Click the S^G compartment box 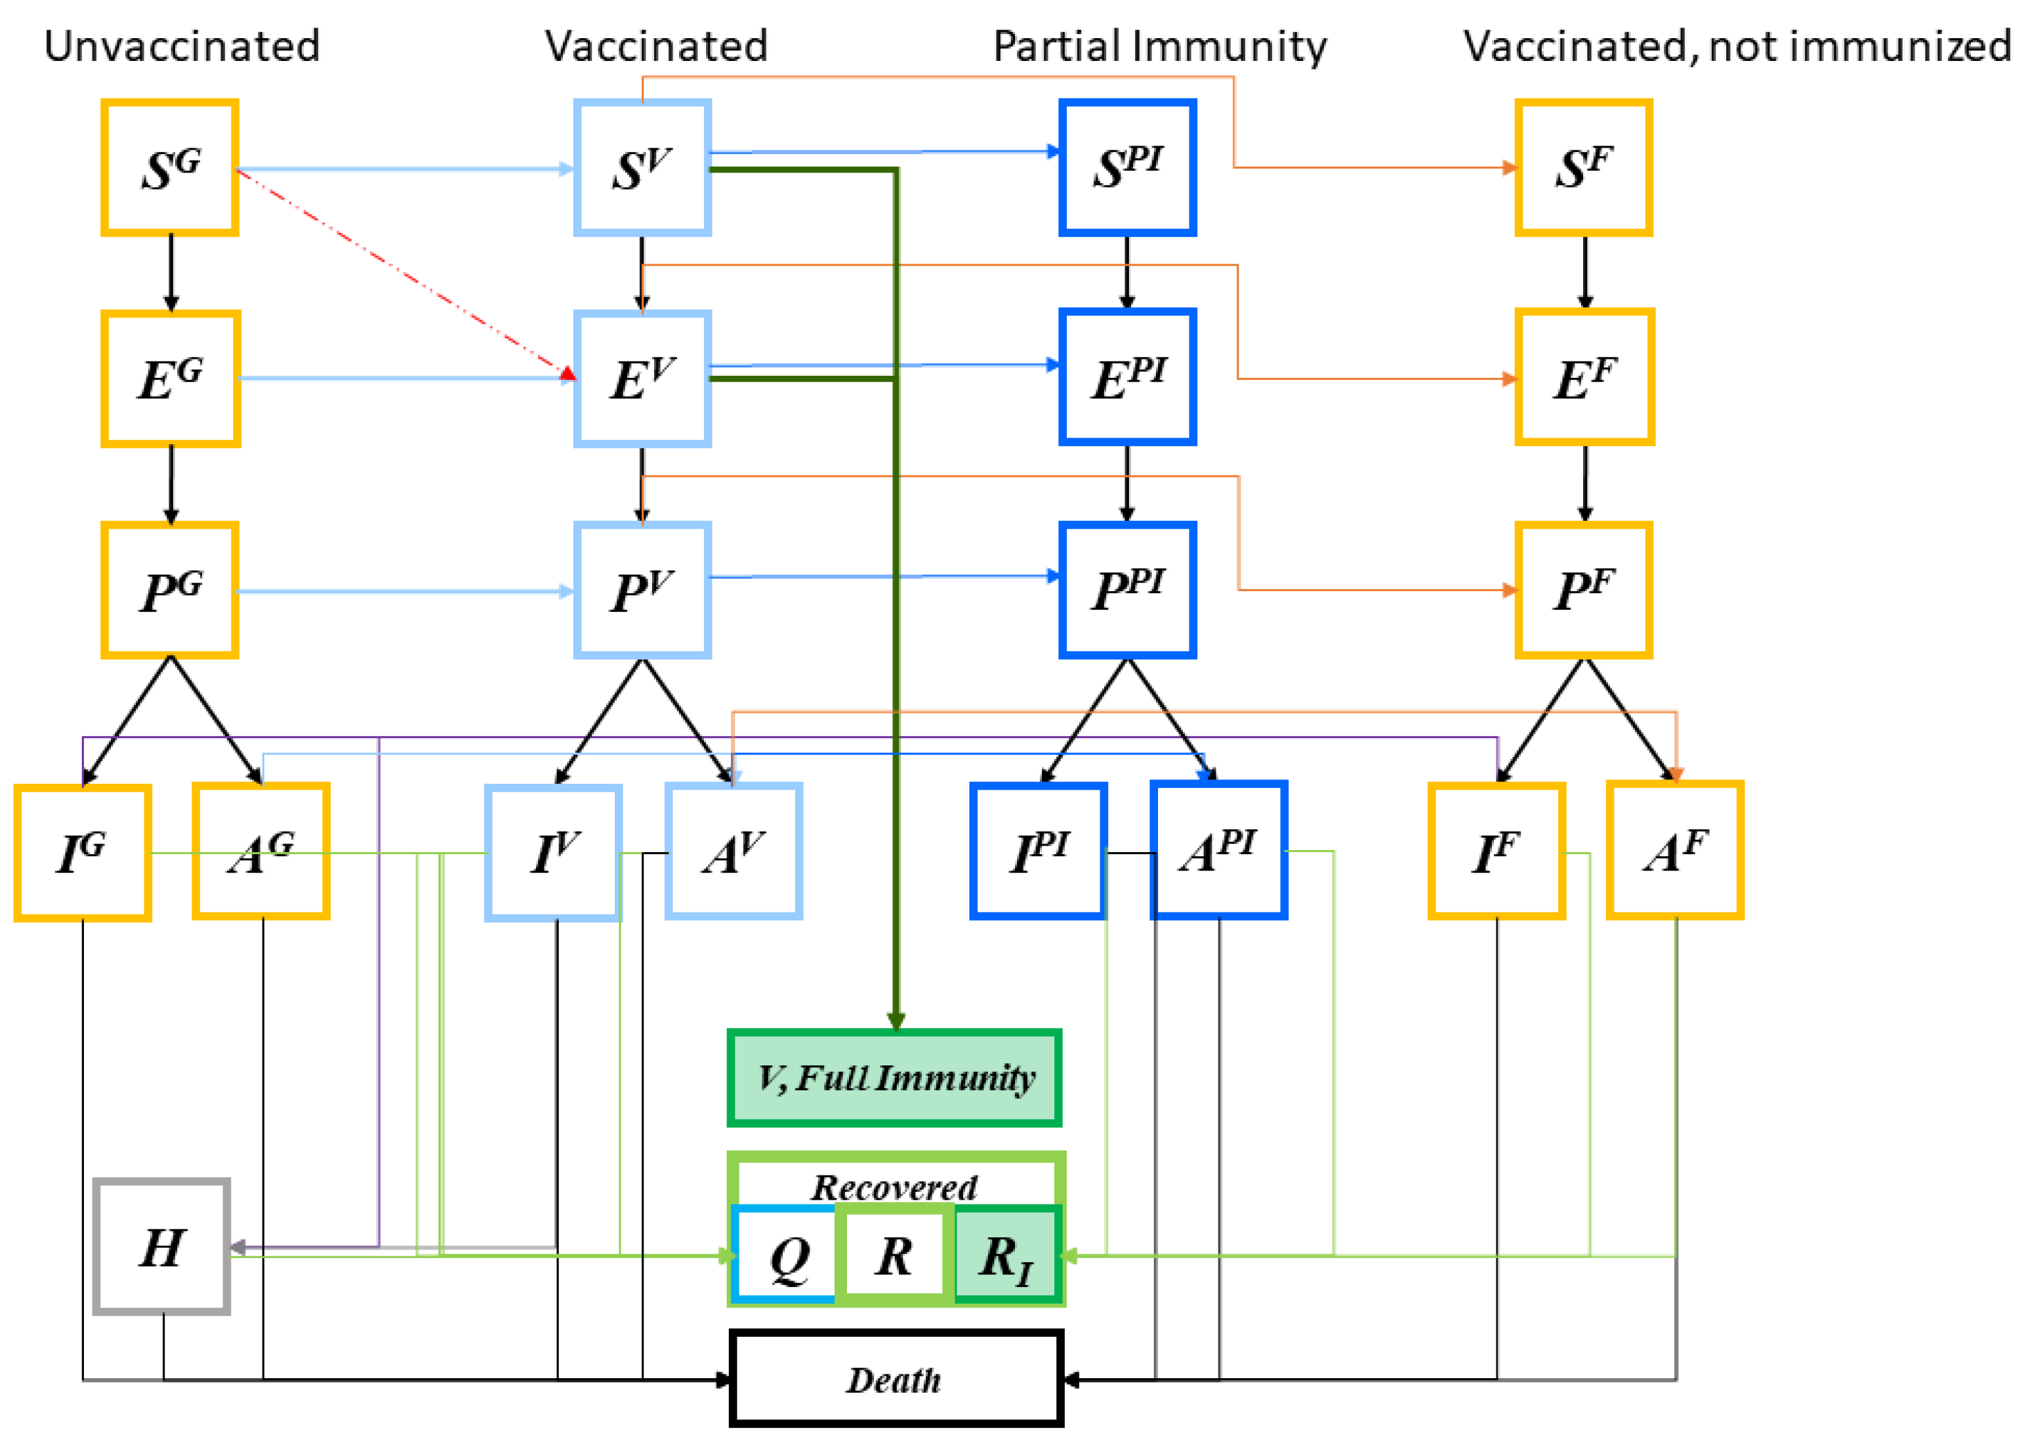pos(170,168)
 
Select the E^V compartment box pos(642,378)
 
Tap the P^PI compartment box pos(1127,589)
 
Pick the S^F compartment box pos(1584,168)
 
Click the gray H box pos(161,1246)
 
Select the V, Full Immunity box pos(895,1078)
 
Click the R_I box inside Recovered pos(1006,1255)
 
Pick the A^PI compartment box pos(1218,850)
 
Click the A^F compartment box pos(1675,850)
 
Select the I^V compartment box pos(554,853)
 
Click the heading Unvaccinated pos(182,47)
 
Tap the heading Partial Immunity pos(1161,47)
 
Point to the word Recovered pos(894,1187)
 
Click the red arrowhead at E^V pos(568,373)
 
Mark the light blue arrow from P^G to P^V pos(405,590)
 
